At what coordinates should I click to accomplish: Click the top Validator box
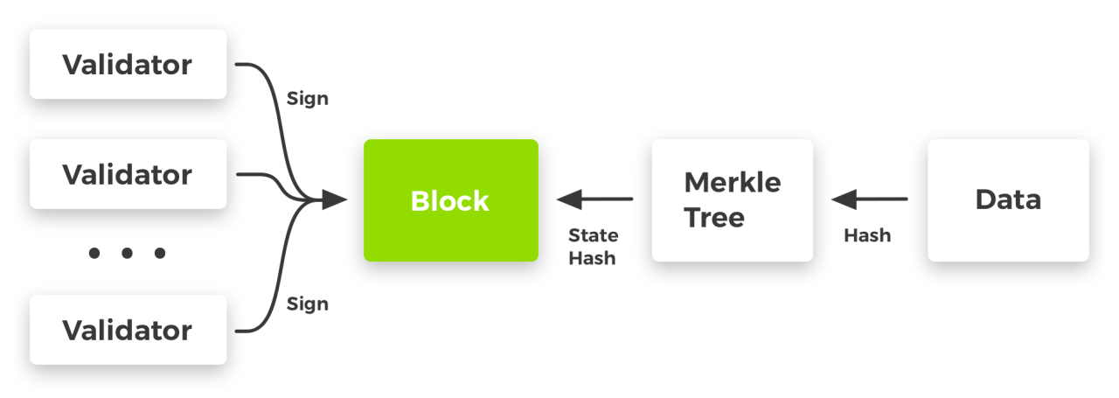click(128, 64)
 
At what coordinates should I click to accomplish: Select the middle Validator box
click(128, 174)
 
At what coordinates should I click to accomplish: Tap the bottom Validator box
click(128, 330)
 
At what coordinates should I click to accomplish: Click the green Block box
click(450, 200)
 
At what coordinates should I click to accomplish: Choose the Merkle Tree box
click(733, 200)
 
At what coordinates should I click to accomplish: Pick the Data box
click(1008, 200)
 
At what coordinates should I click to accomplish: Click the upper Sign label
click(307, 99)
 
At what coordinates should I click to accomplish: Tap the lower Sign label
click(307, 304)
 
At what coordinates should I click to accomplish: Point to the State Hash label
click(594, 247)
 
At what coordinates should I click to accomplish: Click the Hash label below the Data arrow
click(867, 235)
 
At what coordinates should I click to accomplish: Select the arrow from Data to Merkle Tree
click(869, 199)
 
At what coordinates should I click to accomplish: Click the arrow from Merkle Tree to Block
click(594, 199)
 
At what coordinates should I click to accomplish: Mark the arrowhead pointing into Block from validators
click(334, 199)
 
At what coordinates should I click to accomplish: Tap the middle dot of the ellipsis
click(127, 253)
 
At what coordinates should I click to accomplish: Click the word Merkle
click(733, 182)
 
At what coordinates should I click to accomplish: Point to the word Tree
click(714, 218)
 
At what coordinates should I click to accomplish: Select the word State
click(594, 235)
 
